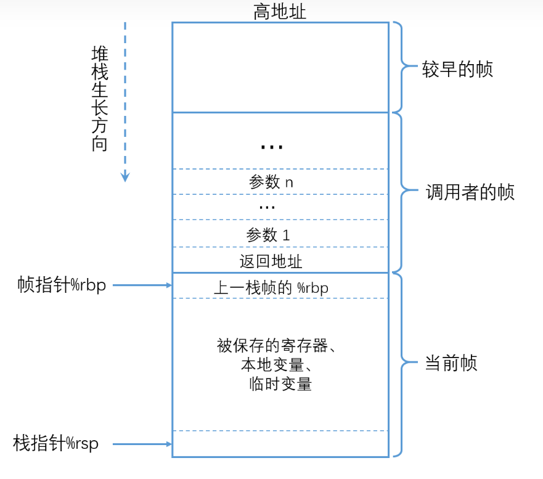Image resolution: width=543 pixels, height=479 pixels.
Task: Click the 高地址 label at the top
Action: pyautogui.click(x=279, y=12)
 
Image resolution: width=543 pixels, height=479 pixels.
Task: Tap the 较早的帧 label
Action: pyautogui.click(x=457, y=69)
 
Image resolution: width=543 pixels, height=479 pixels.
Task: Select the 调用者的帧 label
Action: pyautogui.click(x=470, y=192)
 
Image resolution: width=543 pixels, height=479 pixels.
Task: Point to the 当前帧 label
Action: pyautogui.click(x=451, y=363)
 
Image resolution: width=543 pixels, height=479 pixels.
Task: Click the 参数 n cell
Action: pyautogui.click(x=280, y=182)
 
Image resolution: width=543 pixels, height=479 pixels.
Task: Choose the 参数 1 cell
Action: pyautogui.click(x=280, y=234)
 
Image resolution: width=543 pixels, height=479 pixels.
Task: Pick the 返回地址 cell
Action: pyautogui.click(x=280, y=260)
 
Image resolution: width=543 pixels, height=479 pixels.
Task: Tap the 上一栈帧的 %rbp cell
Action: pyautogui.click(x=280, y=286)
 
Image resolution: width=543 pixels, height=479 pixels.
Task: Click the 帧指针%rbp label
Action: pyautogui.click(x=62, y=285)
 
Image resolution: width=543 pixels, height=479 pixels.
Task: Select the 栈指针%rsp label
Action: pyautogui.click(x=55, y=444)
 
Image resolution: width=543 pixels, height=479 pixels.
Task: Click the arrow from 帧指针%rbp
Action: pyautogui.click(x=142, y=285)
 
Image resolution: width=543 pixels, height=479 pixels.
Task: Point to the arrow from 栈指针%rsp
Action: pyautogui.click(x=142, y=444)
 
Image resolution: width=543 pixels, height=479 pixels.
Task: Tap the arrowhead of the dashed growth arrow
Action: pyautogui.click(x=125, y=177)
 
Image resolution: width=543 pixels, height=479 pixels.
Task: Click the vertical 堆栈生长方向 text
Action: pyautogui.click(x=100, y=99)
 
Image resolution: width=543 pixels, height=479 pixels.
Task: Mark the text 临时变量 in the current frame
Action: pyautogui.click(x=280, y=384)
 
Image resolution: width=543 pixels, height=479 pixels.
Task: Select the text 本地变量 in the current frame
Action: pyautogui.click(x=272, y=365)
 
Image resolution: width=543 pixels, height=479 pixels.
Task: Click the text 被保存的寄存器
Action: pyautogui.click(x=272, y=346)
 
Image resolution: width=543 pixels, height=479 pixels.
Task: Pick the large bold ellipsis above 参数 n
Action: pyautogui.click(x=272, y=147)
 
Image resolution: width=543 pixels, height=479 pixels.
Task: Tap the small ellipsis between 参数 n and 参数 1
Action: pyautogui.click(x=267, y=208)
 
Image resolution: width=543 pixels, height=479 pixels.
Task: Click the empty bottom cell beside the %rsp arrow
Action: pyautogui.click(x=280, y=444)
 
